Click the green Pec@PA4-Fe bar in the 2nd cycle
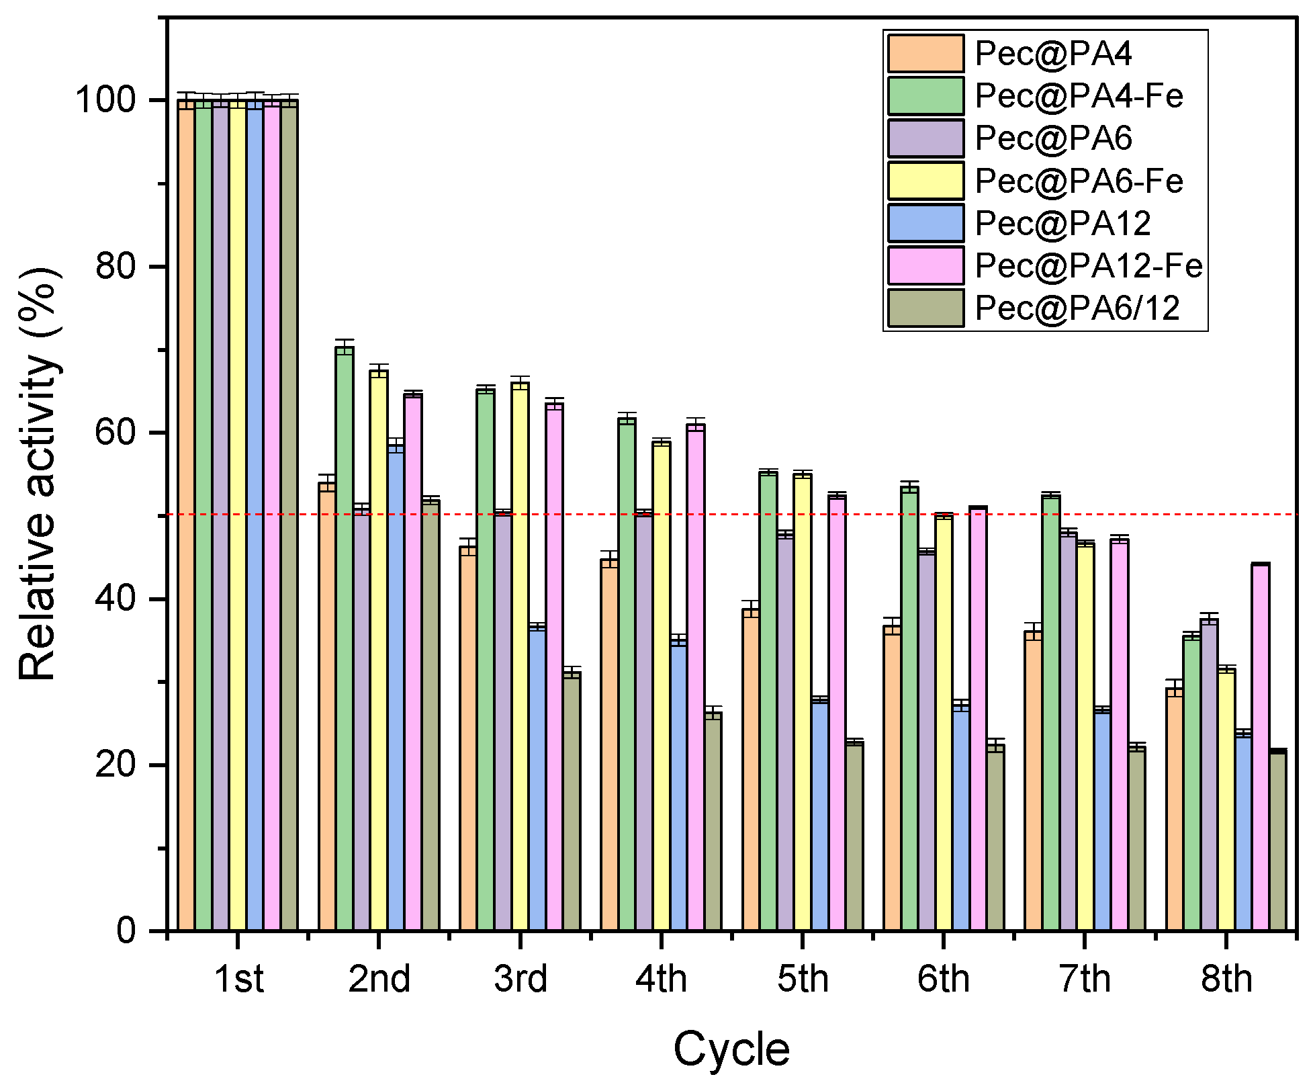coord(345,638)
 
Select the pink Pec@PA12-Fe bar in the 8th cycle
coord(1261,746)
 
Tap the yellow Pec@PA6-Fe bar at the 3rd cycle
coord(520,655)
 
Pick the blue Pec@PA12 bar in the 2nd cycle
coord(396,685)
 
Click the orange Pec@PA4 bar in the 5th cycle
coord(750,769)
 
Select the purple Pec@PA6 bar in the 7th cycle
coord(1068,732)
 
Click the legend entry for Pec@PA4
coord(1052,53)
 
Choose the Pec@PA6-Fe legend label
coord(1078,181)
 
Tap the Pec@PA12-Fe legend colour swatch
coord(925,265)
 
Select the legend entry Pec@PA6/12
coord(1077,308)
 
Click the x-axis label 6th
coord(944,979)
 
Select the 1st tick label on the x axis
coord(238,979)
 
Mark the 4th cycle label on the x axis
coord(662,979)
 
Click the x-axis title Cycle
coord(731,1049)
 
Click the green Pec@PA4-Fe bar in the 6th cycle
coord(909,709)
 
